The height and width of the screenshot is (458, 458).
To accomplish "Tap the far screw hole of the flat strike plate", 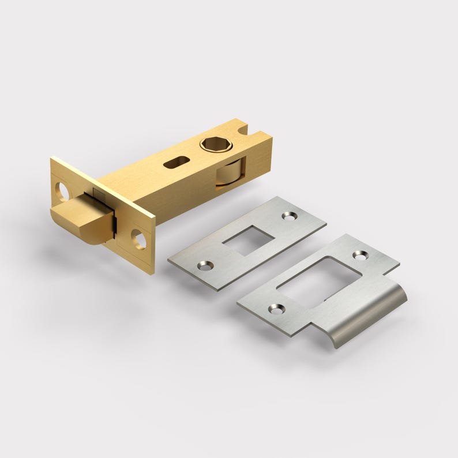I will click(x=288, y=216).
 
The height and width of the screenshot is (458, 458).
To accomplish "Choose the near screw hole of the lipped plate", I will click(x=277, y=309).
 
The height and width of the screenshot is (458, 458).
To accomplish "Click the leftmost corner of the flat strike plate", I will click(x=168, y=260).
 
